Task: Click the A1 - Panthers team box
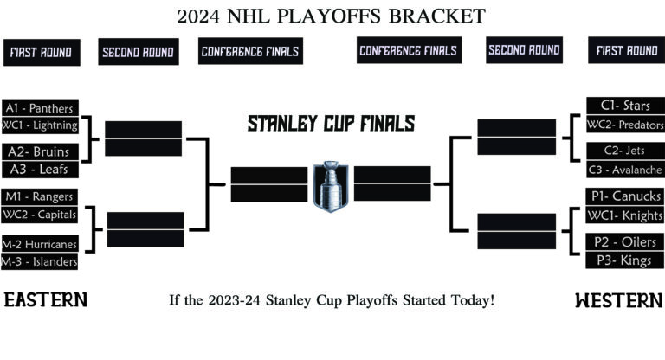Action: pyautogui.click(x=40, y=108)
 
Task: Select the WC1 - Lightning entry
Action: pyautogui.click(x=40, y=125)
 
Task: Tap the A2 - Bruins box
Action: pyautogui.click(x=40, y=151)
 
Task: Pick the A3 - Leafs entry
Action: pyautogui.click(x=40, y=170)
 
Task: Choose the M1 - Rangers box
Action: pyautogui.click(x=40, y=196)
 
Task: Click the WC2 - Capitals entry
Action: pyautogui.click(x=40, y=215)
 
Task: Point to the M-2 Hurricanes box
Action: pyautogui.click(x=40, y=244)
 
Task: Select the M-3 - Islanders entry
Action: pyautogui.click(x=40, y=261)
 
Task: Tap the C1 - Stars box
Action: pyautogui.click(x=625, y=106)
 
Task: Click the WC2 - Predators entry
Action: pyautogui.click(x=625, y=125)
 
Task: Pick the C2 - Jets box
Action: pyautogui.click(x=625, y=151)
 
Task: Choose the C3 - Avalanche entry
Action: pyautogui.click(x=625, y=170)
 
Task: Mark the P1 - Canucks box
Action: pyautogui.click(x=625, y=196)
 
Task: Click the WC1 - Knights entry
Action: pyautogui.click(x=625, y=215)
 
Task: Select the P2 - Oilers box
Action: pyautogui.click(x=625, y=241)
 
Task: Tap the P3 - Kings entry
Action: pyautogui.click(x=625, y=260)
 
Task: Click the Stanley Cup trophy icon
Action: pyautogui.click(x=332, y=185)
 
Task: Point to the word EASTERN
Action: pyautogui.click(x=46, y=300)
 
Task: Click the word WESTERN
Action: pyautogui.click(x=618, y=300)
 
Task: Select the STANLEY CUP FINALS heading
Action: pyautogui.click(x=331, y=123)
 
